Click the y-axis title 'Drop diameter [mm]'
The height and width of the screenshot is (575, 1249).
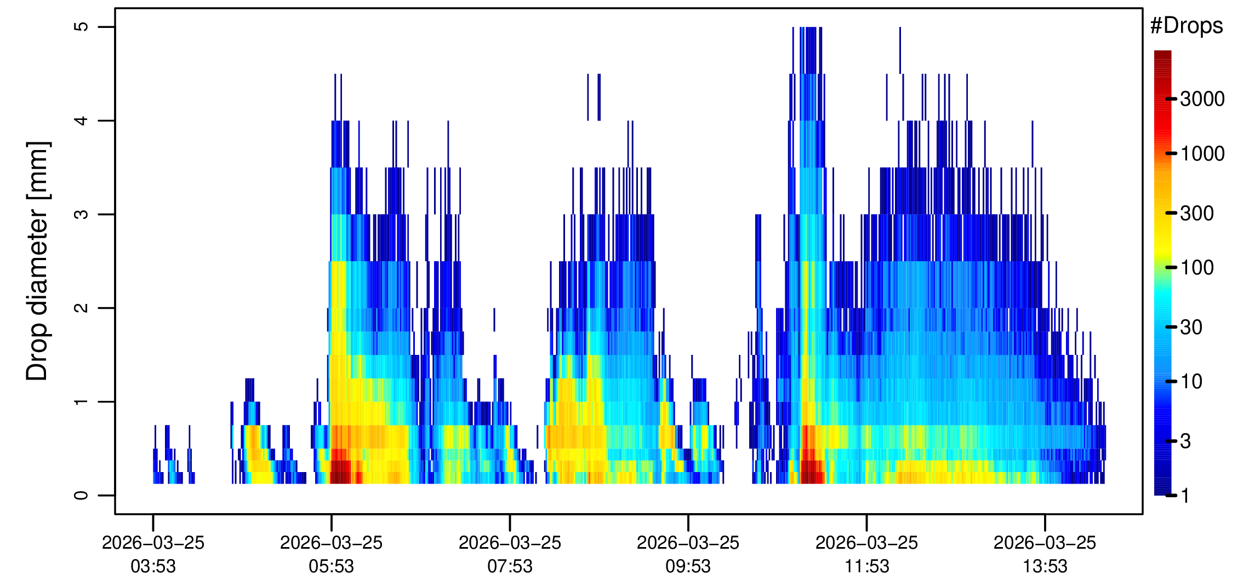coord(38,261)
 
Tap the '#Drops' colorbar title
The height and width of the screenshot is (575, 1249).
coord(1187,26)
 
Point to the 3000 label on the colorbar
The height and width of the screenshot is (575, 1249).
coord(1202,99)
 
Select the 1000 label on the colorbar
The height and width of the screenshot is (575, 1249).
coord(1202,153)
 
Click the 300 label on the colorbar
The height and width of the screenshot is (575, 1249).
coord(1197,213)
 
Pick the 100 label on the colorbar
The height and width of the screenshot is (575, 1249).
coord(1197,267)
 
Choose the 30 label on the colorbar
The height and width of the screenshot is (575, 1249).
coord(1191,327)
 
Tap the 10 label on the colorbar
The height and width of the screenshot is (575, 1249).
coord(1191,381)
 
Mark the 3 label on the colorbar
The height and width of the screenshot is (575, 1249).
coord(1185,441)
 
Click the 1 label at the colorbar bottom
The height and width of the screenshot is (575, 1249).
coord(1185,496)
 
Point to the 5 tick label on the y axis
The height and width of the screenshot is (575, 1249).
coord(81,27)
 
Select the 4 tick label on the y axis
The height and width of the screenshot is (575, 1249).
coord(81,120)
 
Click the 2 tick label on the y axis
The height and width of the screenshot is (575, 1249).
coord(81,308)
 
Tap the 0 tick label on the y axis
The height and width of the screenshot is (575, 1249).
coord(81,495)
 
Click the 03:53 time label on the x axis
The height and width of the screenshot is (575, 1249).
coord(153,566)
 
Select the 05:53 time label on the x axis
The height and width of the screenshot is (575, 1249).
coord(331,566)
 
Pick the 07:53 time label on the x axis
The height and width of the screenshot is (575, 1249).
coord(510,566)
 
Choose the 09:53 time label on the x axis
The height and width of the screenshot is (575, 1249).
coord(688,566)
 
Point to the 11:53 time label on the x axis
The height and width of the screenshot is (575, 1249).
coord(866,566)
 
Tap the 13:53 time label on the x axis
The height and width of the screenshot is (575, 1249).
coord(1045,566)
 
